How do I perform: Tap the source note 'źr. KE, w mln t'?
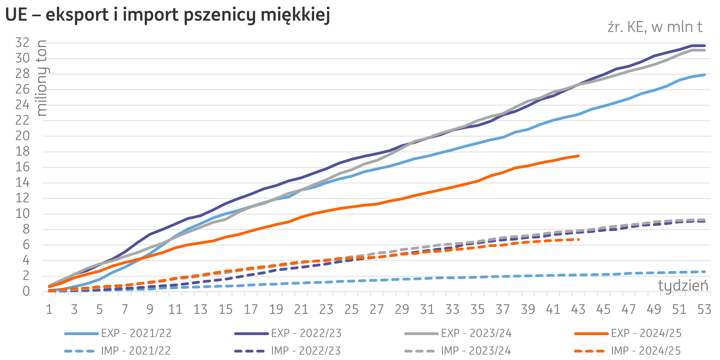point(655,27)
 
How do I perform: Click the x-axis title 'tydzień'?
point(683,286)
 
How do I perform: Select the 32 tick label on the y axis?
point(22,43)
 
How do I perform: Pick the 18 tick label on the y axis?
point(22,152)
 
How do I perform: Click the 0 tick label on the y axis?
point(26,292)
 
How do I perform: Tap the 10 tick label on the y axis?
point(22,214)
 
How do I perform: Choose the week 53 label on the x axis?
point(704,309)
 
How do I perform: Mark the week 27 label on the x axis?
point(376,309)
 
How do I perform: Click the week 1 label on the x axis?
point(49,309)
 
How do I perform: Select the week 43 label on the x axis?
point(578,309)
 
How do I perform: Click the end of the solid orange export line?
point(578,156)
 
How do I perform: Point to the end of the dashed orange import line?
point(578,240)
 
